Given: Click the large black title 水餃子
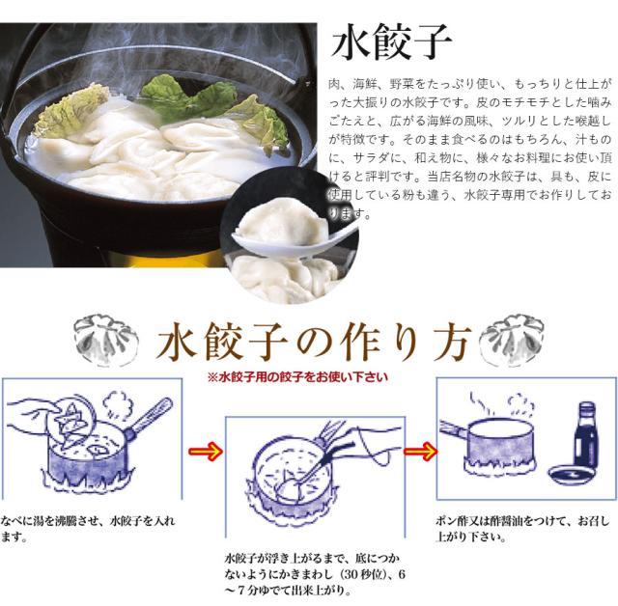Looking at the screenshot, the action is click(x=390, y=42).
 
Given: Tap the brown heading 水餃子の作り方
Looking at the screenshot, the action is click(x=313, y=342).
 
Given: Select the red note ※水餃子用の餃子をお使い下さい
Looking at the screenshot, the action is click(x=298, y=377).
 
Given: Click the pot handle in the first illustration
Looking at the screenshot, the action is click(x=150, y=418).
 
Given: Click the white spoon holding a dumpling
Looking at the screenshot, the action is click(x=292, y=241).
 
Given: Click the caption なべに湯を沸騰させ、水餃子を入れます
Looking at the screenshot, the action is click(x=88, y=529).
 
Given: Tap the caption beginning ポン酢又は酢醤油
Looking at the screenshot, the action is click(x=522, y=529).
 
